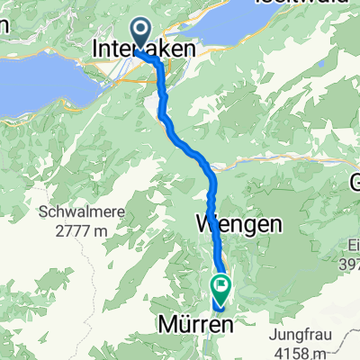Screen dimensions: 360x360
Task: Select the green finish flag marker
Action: pos(221,287)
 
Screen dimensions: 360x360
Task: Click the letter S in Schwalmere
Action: pos(42,213)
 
